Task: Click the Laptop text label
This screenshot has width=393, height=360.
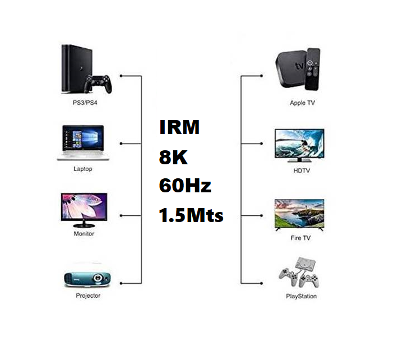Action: (x=82, y=169)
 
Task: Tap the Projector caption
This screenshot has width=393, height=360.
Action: (x=88, y=296)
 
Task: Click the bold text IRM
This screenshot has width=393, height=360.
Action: (x=179, y=127)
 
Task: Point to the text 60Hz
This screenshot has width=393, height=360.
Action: (x=185, y=185)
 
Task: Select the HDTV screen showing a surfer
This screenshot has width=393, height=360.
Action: (x=299, y=145)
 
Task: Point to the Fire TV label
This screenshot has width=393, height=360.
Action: (x=300, y=238)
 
